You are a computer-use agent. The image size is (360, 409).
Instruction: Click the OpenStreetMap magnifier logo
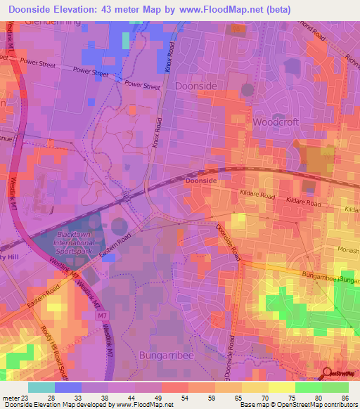(328, 373)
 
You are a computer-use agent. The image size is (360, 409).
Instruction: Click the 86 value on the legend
(344, 398)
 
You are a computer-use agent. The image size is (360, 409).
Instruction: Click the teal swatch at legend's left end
(41, 387)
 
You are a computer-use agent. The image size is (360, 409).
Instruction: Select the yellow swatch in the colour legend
(281, 387)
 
